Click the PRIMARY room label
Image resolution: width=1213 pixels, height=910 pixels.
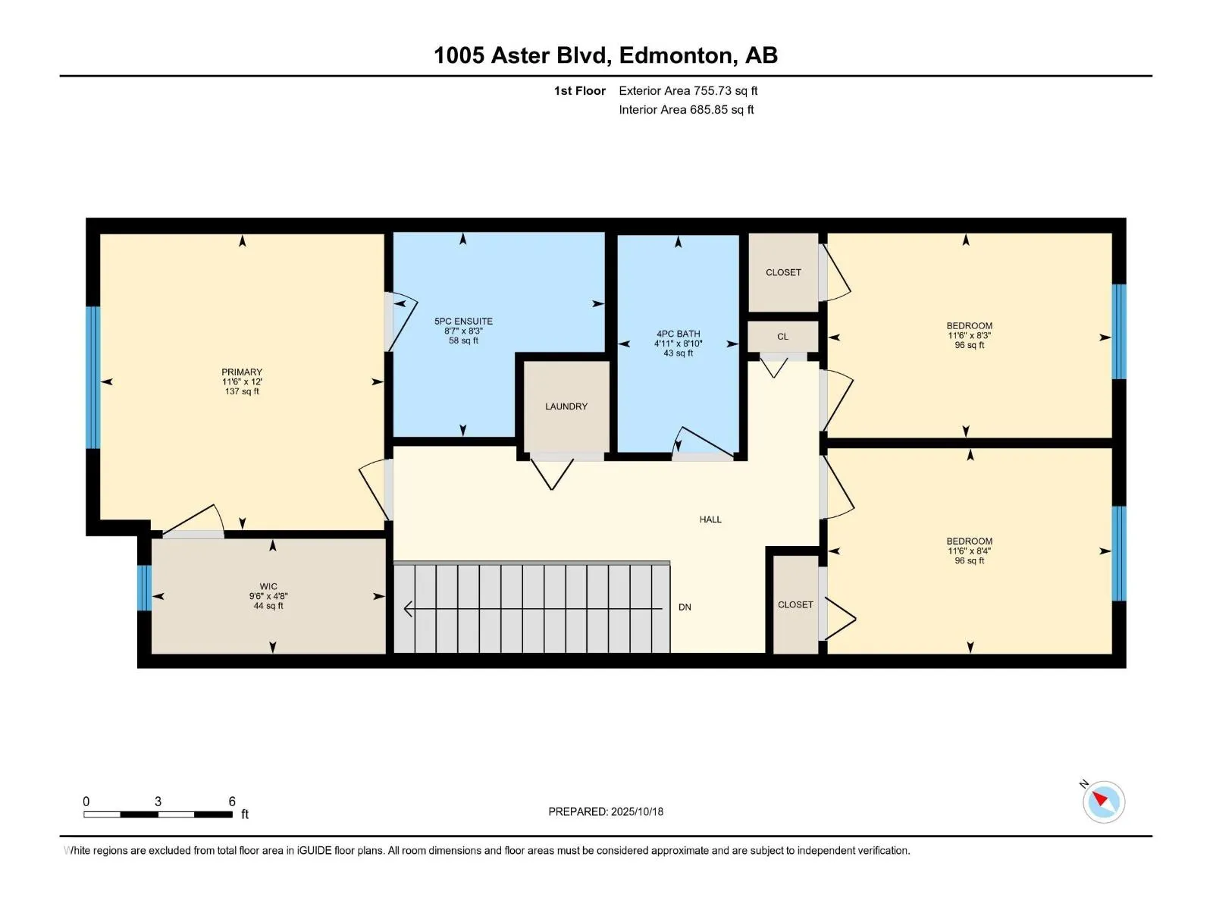(242, 372)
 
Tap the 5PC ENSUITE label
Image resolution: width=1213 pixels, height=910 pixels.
(463, 321)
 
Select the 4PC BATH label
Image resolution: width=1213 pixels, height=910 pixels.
(678, 334)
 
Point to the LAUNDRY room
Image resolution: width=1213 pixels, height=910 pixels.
(566, 406)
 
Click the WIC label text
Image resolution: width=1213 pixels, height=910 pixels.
(268, 586)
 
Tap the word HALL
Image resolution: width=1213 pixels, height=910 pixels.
(710, 519)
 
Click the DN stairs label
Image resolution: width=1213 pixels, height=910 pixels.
(685, 607)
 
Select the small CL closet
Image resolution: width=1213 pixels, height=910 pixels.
(782, 337)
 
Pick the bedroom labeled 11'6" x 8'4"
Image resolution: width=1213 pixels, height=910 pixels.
(970, 551)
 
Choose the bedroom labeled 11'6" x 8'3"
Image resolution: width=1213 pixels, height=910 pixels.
(970, 335)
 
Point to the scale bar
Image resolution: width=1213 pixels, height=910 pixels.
(158, 814)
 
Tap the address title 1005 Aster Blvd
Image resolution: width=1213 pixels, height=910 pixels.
(521, 55)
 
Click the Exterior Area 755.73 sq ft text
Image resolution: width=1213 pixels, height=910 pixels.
(688, 90)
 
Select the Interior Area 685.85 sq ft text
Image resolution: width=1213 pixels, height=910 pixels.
(686, 109)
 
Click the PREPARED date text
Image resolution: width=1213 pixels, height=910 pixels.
(606, 811)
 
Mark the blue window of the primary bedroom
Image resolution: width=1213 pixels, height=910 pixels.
(92, 378)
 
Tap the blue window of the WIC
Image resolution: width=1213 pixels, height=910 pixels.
(144, 588)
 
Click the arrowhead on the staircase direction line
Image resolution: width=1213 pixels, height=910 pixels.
(409, 609)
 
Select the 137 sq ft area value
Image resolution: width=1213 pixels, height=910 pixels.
(242, 391)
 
